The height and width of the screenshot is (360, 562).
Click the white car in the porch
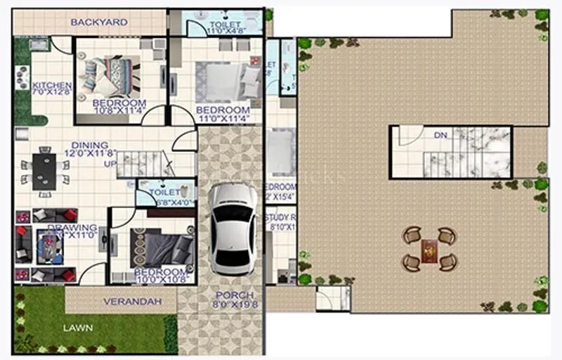tap(232, 229)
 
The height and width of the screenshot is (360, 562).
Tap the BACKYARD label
tap(99, 22)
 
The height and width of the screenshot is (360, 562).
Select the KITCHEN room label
tap(51, 86)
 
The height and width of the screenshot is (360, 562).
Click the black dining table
tap(44, 170)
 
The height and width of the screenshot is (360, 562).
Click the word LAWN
tap(78, 328)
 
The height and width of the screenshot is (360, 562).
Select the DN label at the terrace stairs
tap(440, 135)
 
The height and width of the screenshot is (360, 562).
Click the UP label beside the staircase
tap(110, 163)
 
